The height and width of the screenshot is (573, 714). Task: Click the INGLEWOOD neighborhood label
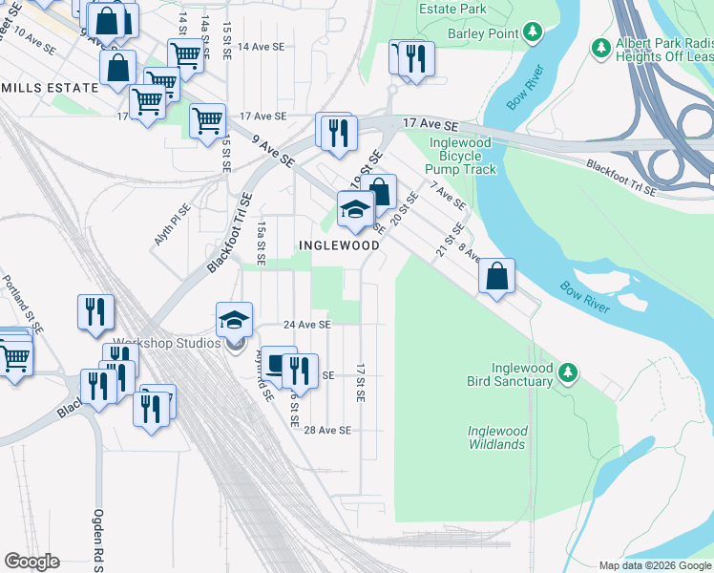(339, 245)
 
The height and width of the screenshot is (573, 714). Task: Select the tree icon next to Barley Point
(533, 33)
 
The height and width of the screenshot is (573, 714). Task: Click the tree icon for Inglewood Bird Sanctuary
(567, 371)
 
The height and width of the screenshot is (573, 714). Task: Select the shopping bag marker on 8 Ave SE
(496, 277)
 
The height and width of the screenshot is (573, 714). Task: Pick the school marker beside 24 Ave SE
(234, 321)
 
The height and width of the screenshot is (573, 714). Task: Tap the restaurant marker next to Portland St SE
(95, 313)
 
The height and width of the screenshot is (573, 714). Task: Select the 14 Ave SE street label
(262, 46)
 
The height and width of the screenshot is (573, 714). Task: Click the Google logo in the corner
(31, 562)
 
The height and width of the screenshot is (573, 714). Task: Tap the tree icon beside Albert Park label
(600, 47)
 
